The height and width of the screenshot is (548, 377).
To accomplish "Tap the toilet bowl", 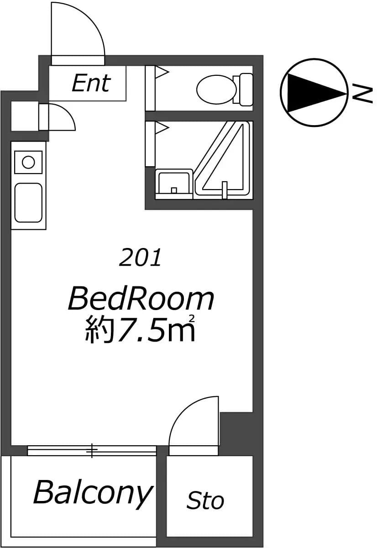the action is [x=216, y=90].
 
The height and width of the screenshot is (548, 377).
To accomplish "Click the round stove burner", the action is [x=28, y=162].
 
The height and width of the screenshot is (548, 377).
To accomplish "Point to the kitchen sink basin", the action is [x=28, y=203].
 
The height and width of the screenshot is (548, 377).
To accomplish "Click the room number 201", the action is [x=140, y=257].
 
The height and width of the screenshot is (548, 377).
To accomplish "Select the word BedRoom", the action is [x=141, y=300].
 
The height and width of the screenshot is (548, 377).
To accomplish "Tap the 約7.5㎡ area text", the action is [x=140, y=328].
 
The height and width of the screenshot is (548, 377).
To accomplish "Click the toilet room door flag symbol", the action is [x=162, y=72].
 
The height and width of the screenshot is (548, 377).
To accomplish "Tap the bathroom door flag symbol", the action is [x=162, y=127].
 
